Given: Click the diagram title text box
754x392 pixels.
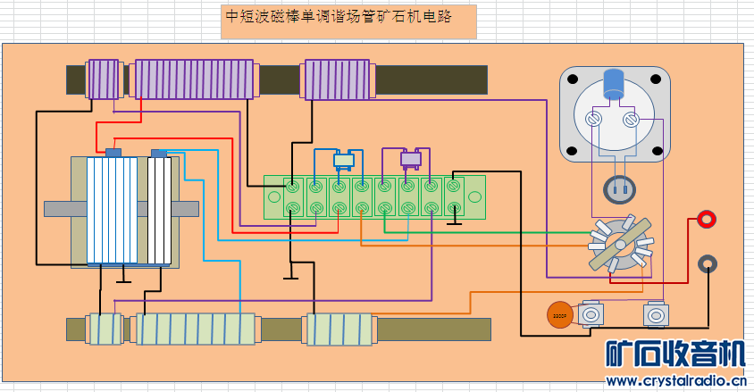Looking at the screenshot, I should coord(348,20).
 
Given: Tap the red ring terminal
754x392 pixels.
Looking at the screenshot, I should coord(707,219).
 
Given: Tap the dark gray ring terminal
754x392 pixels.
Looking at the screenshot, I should coord(707,263).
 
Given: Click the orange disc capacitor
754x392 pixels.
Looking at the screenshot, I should coord(559,314).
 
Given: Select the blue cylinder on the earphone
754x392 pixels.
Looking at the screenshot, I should coord(614,85).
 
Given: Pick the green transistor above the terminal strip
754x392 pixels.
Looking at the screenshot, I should coord(344,161).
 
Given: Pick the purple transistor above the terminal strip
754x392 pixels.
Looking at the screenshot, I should coord(410,159).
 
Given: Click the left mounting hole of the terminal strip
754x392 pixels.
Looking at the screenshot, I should coord(272,196).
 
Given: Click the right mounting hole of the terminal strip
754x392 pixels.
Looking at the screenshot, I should coord(475,196).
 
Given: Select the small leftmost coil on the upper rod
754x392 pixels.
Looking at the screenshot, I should coord(103,79).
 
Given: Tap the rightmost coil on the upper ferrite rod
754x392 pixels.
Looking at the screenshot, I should coord(338,79).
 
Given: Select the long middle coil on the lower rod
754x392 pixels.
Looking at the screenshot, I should coord(195,329).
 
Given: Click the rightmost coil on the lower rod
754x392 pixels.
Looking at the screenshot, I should coord(338,329).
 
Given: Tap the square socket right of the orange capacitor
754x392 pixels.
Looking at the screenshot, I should coord(590,314).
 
